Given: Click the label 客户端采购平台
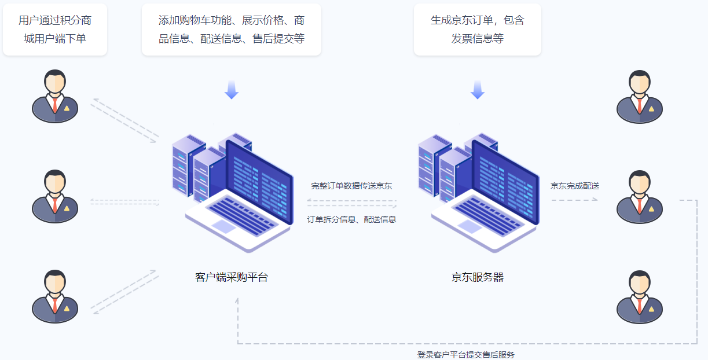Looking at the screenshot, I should (x=232, y=277).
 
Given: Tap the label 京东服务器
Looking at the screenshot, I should (x=478, y=277).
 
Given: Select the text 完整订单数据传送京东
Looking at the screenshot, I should (x=351, y=186).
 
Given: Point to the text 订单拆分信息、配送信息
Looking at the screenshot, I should (x=351, y=219).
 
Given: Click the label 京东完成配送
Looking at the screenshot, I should (x=574, y=186).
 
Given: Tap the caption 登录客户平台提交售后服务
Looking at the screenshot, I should (x=465, y=355).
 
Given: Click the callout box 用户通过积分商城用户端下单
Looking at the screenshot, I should (x=55, y=30).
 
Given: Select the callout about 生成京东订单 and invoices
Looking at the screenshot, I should (x=477, y=30).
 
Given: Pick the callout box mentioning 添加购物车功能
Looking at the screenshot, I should (x=231, y=30).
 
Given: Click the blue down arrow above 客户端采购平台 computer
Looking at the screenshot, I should (x=232, y=90).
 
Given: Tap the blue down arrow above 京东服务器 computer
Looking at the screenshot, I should (x=477, y=90).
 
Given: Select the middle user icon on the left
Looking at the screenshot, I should (x=55, y=196).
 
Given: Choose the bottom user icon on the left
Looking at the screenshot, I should (x=55, y=296).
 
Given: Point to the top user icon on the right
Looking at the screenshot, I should (x=639, y=97).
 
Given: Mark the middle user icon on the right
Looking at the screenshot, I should (x=639, y=197).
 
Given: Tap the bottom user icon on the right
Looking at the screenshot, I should (x=639, y=296).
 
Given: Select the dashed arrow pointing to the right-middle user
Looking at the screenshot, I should (x=574, y=200).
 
